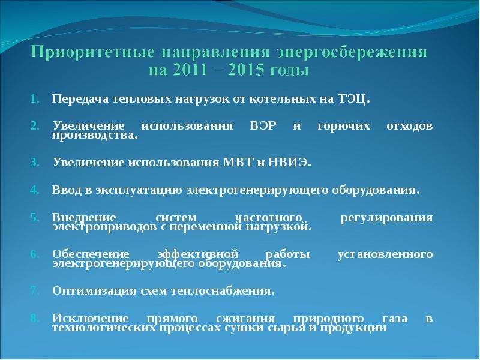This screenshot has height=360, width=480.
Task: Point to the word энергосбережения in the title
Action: pos(352,53)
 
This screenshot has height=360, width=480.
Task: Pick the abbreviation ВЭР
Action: pos(263,126)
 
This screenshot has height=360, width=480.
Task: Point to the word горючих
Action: pos(344,126)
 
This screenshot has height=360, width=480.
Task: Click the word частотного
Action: pos(268,218)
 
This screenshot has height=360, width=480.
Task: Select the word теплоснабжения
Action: pos(223,290)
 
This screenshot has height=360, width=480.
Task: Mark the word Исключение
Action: pos(91,319)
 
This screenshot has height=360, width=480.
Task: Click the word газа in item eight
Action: pos(395,319)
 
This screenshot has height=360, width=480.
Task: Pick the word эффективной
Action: pos(198,254)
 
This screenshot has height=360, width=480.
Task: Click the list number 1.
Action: pos(35,99)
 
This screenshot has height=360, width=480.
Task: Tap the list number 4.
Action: pos(35,190)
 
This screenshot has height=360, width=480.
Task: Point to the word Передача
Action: pos(80,99)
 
